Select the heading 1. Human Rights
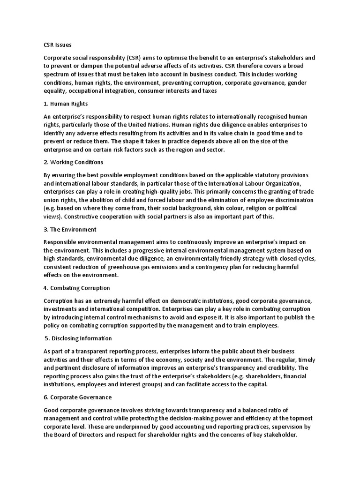[66, 104]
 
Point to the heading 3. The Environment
[70, 230]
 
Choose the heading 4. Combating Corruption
[76, 288]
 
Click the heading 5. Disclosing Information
[79, 338]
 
